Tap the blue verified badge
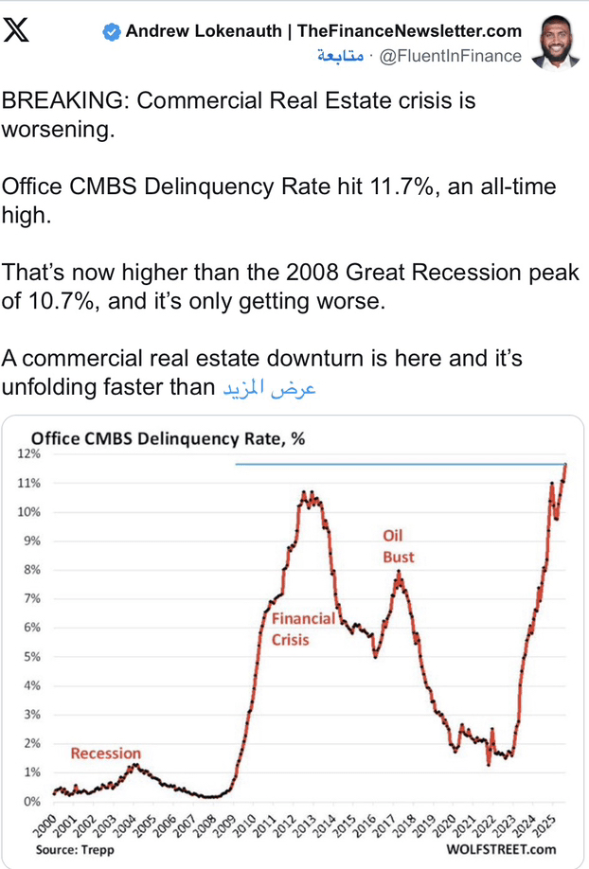(112, 32)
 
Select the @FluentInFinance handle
(450, 56)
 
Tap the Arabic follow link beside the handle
(340, 57)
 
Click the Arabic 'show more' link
(268, 388)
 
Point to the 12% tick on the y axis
(28, 454)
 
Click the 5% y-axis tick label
(31, 656)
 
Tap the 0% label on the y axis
(31, 801)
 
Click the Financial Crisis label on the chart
(303, 629)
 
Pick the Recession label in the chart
(105, 754)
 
